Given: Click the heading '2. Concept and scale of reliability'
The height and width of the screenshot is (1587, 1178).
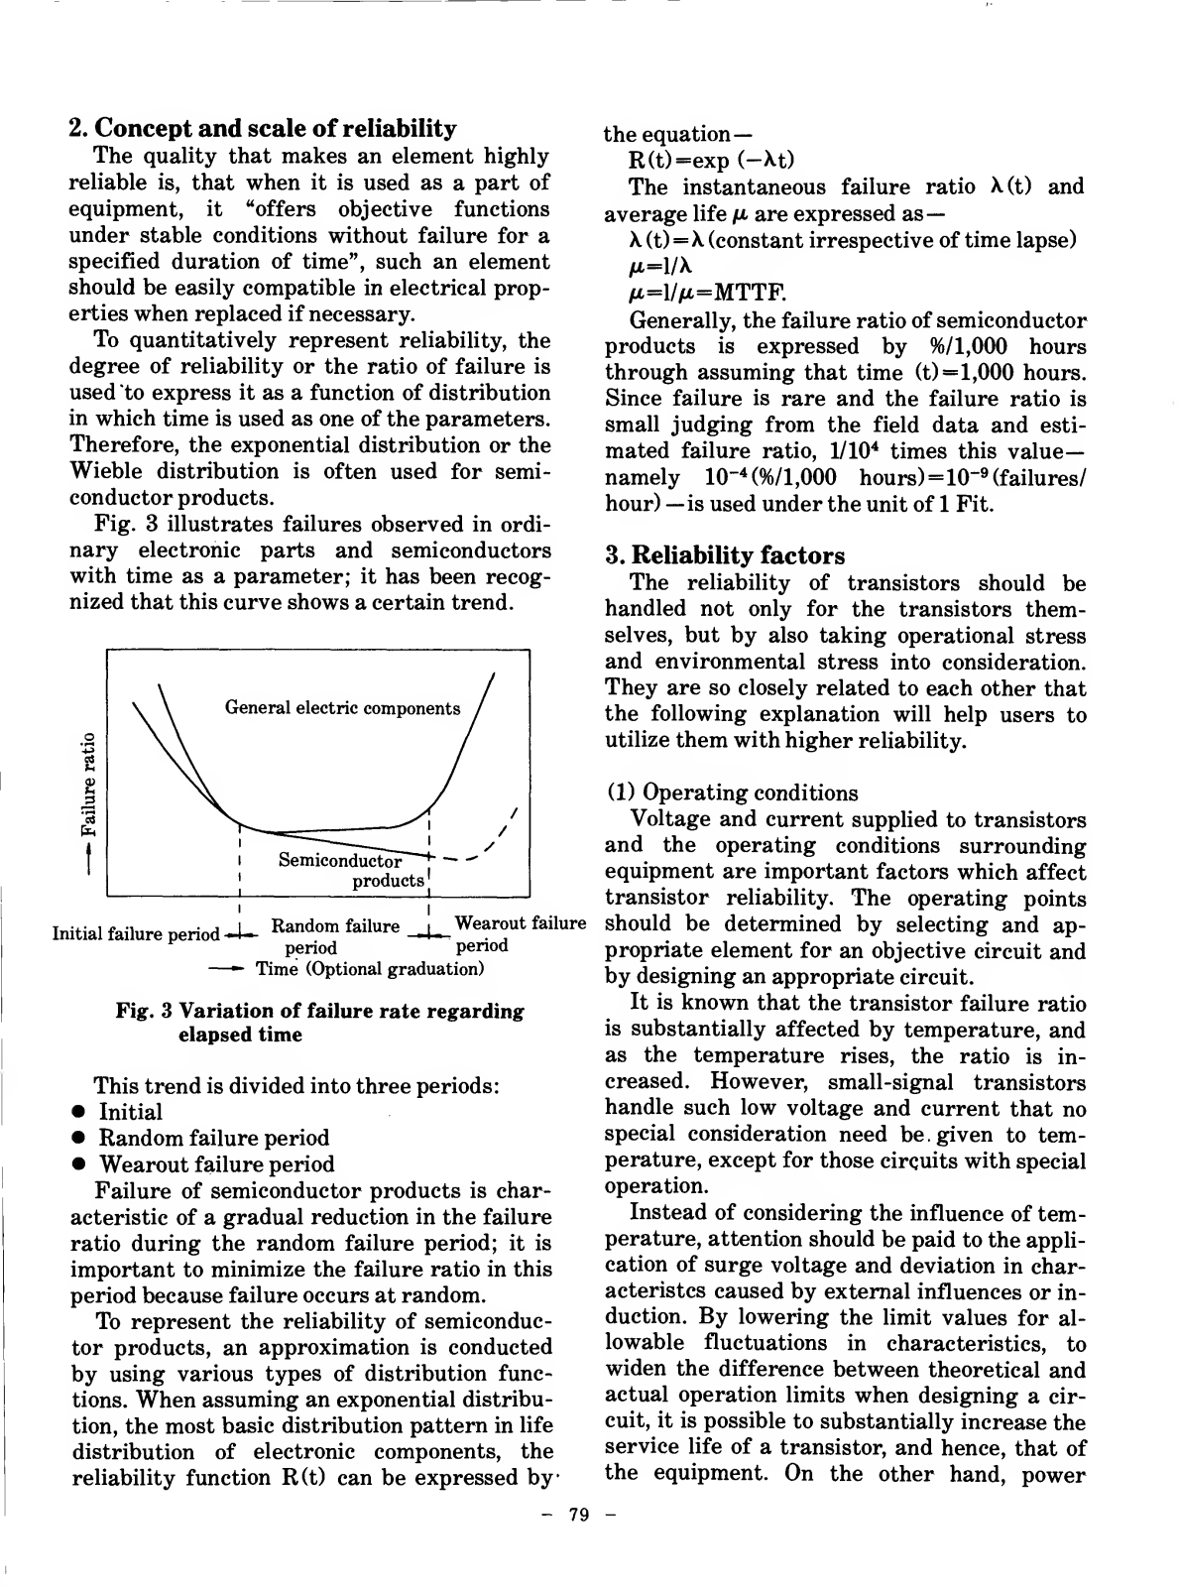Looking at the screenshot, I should [x=263, y=129].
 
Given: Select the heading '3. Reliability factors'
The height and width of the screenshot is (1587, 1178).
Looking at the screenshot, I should [x=725, y=555].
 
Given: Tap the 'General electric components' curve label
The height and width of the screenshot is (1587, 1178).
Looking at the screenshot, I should [x=342, y=708].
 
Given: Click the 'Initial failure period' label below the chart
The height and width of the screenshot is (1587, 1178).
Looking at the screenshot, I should [x=136, y=934].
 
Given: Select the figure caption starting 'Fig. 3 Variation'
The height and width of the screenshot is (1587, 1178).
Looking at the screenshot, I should [x=319, y=1023].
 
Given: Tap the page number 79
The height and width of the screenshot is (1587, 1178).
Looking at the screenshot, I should [x=579, y=1515].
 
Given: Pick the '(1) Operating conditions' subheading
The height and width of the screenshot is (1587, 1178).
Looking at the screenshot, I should [x=732, y=793].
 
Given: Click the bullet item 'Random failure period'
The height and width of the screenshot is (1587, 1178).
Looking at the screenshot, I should [x=214, y=1139].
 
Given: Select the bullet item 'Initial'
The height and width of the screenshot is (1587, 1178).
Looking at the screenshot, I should [x=130, y=1112].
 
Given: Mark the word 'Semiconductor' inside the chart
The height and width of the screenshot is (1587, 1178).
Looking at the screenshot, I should [x=339, y=860].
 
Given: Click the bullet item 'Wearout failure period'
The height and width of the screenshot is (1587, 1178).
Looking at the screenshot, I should [x=217, y=1164].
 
